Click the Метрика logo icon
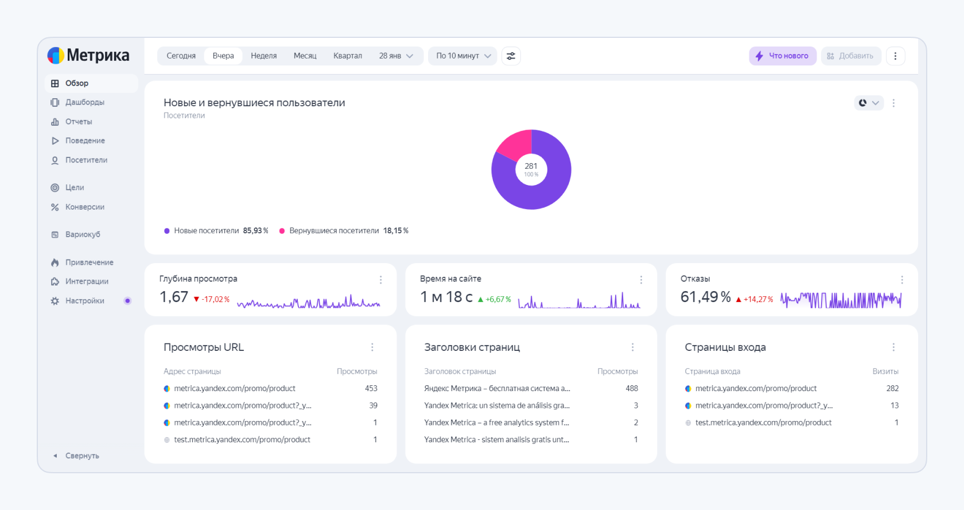56,55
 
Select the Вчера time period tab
223,56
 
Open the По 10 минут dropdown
463,56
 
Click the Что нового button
782,56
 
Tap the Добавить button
850,56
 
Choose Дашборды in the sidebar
84,102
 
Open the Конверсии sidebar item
84,207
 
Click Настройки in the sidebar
84,301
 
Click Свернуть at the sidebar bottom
81,456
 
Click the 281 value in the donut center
531,166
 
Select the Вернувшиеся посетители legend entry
334,231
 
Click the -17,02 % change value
215,299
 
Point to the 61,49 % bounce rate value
705,297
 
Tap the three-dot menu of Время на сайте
641,280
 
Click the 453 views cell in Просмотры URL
371,389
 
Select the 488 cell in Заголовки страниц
631,389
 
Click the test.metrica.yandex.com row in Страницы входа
763,423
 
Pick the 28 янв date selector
395,56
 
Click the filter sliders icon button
511,56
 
